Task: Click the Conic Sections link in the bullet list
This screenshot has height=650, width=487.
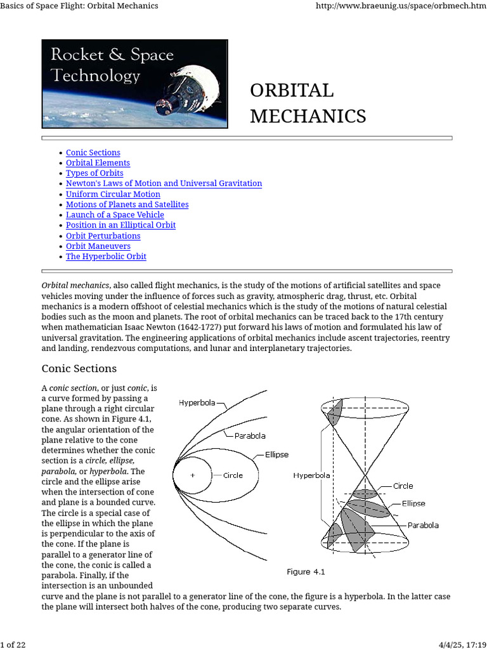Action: [x=93, y=152]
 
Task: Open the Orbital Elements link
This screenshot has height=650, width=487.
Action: [x=98, y=163]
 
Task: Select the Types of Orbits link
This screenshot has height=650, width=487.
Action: [x=94, y=173]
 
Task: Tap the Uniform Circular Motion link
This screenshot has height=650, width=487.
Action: [x=113, y=194]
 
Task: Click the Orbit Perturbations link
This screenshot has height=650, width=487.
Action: [x=103, y=236]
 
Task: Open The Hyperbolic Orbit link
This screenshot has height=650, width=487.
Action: [x=106, y=256]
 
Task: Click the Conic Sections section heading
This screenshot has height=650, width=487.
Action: [x=79, y=369]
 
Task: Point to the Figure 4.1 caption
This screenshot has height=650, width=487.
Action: [x=306, y=572]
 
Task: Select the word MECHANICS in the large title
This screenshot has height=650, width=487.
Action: [x=308, y=116]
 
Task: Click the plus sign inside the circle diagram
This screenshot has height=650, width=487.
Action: [x=193, y=475]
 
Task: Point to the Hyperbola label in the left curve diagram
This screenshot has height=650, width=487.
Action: [x=197, y=402]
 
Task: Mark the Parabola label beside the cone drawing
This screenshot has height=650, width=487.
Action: [x=422, y=526]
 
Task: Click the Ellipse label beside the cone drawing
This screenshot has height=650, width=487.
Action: [x=413, y=503]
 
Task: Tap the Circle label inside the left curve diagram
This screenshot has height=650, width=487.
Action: [x=233, y=475]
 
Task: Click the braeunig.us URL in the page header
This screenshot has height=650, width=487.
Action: [x=399, y=6]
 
